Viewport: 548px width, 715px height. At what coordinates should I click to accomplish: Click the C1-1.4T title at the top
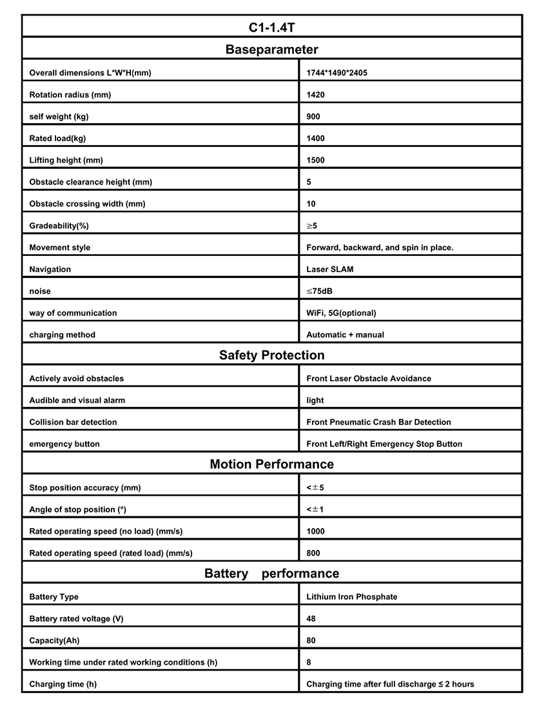pyautogui.click(x=271, y=27)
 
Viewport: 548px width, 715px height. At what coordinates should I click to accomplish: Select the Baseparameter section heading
pyautogui.click(x=271, y=50)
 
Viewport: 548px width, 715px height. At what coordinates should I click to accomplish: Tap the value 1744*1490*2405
pyautogui.click(x=337, y=73)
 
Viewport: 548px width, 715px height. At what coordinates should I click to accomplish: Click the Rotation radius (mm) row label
pyautogui.click(x=70, y=95)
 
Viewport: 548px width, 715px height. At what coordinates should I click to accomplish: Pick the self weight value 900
pyautogui.click(x=313, y=117)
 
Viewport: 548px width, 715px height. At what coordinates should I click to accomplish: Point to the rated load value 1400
pyautogui.click(x=315, y=139)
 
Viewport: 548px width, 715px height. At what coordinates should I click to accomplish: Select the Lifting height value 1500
pyautogui.click(x=315, y=161)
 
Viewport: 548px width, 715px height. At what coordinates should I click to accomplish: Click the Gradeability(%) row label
pyautogui.click(x=59, y=226)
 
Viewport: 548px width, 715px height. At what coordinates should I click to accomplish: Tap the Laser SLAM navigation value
pyautogui.click(x=330, y=269)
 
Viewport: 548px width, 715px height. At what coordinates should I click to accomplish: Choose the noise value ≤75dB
pyautogui.click(x=320, y=291)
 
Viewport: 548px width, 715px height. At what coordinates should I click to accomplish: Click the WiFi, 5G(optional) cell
pyautogui.click(x=341, y=313)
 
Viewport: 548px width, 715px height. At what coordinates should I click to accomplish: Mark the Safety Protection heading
pyautogui.click(x=271, y=355)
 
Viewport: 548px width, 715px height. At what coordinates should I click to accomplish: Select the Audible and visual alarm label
pyautogui.click(x=77, y=400)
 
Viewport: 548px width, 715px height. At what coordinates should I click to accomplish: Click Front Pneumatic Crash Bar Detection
pyautogui.click(x=378, y=422)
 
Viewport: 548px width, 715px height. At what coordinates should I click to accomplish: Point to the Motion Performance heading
pyautogui.click(x=271, y=464)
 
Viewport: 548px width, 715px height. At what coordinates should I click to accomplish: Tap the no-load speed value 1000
pyautogui.click(x=315, y=532)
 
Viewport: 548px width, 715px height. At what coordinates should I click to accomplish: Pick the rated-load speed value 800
pyautogui.click(x=313, y=553)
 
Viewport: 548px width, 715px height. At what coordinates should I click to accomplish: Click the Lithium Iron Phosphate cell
pyautogui.click(x=352, y=597)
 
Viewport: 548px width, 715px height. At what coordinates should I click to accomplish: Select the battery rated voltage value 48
pyautogui.click(x=311, y=619)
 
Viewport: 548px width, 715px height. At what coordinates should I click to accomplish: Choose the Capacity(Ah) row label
pyautogui.click(x=54, y=641)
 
